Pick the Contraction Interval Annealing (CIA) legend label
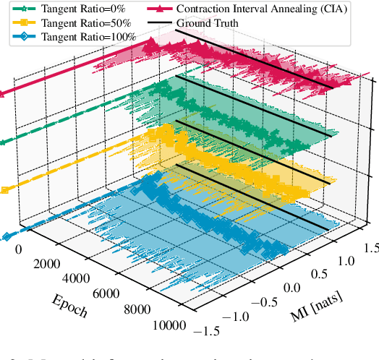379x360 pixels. [257, 9]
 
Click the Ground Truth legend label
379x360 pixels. [208, 23]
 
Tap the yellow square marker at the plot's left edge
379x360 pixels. [5, 190]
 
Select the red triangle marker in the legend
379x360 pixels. [166, 9]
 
